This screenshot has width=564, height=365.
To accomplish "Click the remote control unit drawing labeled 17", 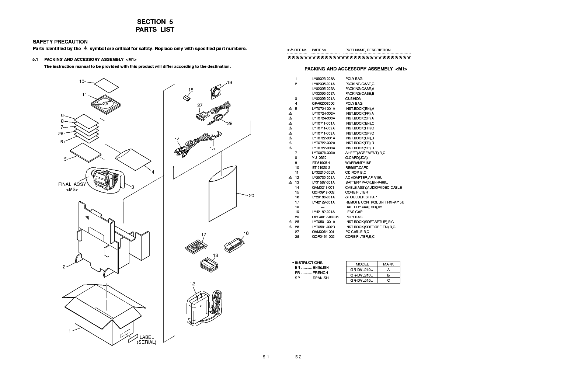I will (x=195, y=246).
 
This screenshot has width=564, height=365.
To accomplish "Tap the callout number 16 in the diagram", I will (x=246, y=233).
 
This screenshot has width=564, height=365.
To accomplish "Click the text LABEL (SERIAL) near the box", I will (x=146, y=340).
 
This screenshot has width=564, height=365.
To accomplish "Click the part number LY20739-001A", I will (x=323, y=178).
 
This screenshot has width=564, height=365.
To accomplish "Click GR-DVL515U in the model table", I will (x=362, y=281).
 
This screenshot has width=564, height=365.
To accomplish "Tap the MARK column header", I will (x=388, y=264).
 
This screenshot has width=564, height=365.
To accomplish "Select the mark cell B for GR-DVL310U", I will (x=388, y=275).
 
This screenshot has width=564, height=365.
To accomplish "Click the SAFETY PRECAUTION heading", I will (x=60, y=42).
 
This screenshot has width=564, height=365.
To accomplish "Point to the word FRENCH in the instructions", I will (x=320, y=273).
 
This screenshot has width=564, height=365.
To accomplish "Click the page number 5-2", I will (x=298, y=357).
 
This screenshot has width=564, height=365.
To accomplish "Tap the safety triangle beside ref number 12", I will (x=290, y=178).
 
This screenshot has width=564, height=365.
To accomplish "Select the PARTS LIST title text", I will (x=155, y=29).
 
